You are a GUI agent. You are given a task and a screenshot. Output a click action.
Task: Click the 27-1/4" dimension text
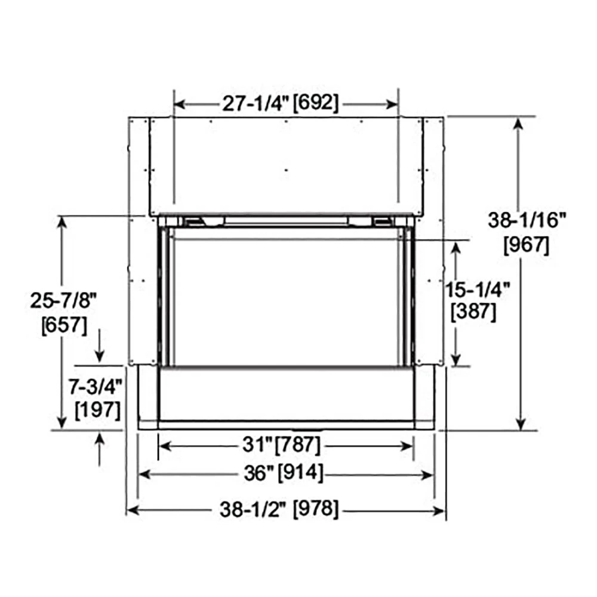click(x=256, y=103)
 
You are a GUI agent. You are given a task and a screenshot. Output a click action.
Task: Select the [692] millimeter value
click(x=316, y=103)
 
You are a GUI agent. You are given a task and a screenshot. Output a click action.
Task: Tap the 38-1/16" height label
click(x=526, y=221)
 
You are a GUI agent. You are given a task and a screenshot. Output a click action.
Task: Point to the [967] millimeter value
click(x=526, y=245)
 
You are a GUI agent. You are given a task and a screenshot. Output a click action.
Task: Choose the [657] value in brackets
click(x=63, y=326)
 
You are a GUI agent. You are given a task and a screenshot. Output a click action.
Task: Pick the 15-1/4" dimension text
click(x=478, y=290)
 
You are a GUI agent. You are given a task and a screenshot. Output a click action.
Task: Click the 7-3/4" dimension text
click(x=96, y=387)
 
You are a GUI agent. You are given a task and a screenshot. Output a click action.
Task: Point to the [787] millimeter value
click(x=297, y=445)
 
